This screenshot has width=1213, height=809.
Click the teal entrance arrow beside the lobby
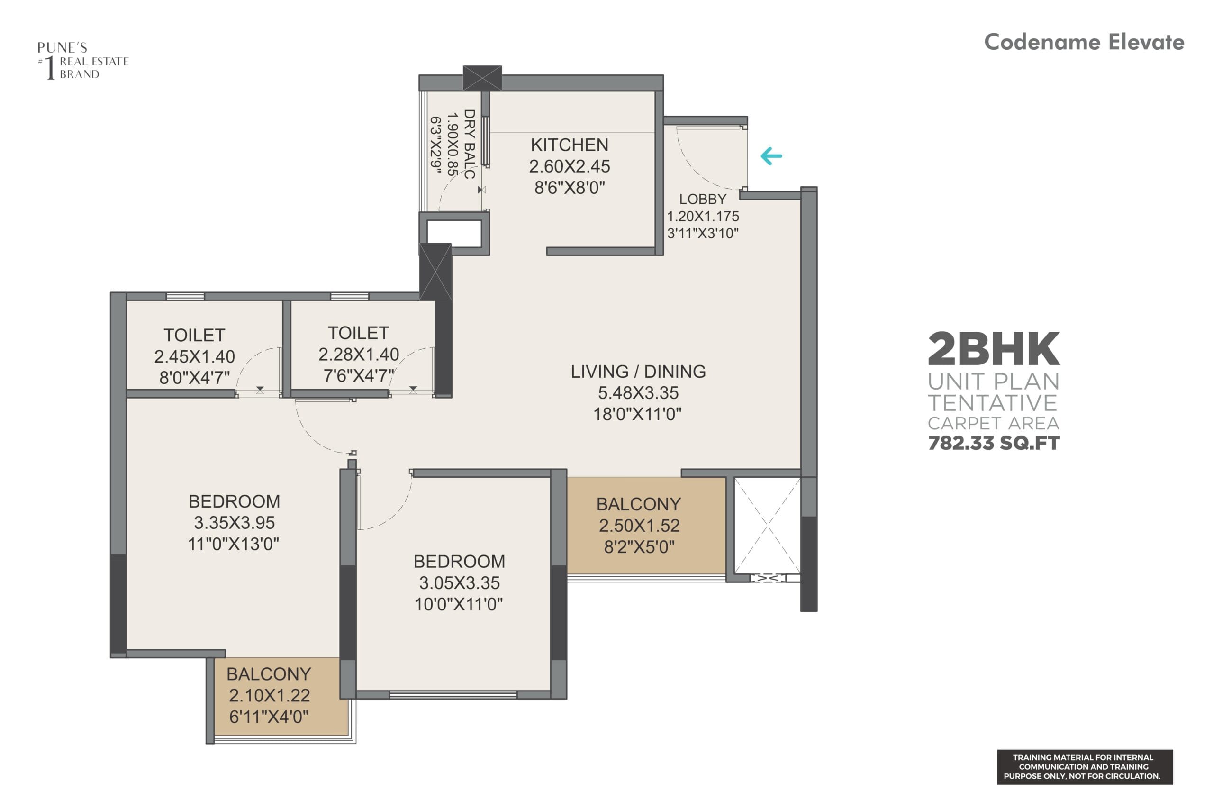coord(771,156)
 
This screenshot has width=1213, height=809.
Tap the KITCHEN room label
coord(570,145)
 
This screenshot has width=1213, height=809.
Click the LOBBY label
coord(702,199)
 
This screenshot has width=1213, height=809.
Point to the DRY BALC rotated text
coord(469,144)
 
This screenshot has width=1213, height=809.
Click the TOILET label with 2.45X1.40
coord(194,336)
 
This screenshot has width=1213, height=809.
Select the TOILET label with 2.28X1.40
coord(358,333)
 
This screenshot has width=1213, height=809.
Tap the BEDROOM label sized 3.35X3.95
coord(234,501)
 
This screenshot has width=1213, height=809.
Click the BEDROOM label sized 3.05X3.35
coord(459,561)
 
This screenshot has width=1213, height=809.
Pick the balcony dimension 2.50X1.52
coord(639,526)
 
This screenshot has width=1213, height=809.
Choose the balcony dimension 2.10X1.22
coord(269,695)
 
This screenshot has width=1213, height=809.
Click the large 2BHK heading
coord(993,349)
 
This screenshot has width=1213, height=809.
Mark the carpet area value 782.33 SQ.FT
coord(993,443)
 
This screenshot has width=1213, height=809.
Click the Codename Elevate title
coord(1084,42)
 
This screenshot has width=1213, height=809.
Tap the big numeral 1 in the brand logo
coord(49,68)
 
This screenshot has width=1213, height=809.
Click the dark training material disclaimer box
coord(1085,767)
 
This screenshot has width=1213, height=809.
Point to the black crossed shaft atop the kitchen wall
coord(482,78)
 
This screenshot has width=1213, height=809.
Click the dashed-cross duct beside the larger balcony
coord(767,525)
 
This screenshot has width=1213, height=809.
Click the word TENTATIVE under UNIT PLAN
coord(993,403)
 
